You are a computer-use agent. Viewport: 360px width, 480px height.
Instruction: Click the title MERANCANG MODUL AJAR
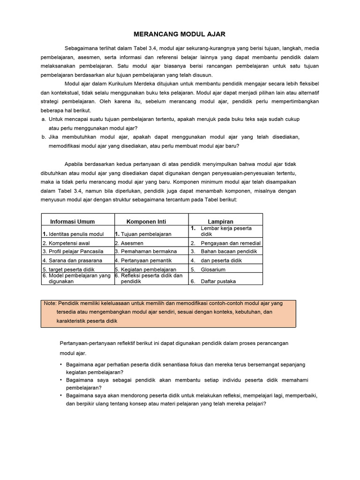pyautogui.click(x=180, y=34)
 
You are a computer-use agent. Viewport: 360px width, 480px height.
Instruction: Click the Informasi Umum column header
pyautogui.click(x=72, y=221)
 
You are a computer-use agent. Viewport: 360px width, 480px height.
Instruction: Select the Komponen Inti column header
pyautogui.click(x=146, y=221)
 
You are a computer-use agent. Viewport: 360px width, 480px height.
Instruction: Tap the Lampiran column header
pyautogui.click(x=220, y=221)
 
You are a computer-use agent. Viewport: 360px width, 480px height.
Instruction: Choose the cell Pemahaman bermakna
pyautogui.click(x=145, y=252)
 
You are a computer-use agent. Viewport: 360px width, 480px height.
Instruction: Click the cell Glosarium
pyautogui.click(x=213, y=270)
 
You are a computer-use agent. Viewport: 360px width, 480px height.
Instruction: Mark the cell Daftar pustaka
pyautogui.click(x=218, y=281)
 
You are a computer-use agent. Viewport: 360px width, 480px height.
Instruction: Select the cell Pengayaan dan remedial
pyautogui.click(x=231, y=243)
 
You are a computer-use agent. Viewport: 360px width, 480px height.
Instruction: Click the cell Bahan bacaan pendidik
pyautogui.click(x=229, y=252)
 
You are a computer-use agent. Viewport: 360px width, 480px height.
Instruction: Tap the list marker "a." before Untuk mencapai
pyautogui.click(x=44, y=119)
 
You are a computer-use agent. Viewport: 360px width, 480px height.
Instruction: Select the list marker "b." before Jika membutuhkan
pyautogui.click(x=44, y=137)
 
